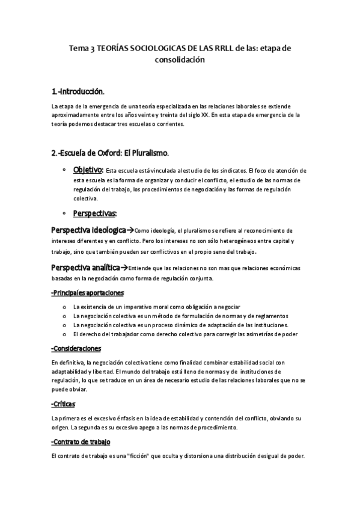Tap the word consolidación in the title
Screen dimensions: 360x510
[180, 60]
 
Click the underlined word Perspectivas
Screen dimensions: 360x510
[94, 213]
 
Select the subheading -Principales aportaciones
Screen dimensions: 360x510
[88, 293]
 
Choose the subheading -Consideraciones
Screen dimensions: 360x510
[76, 348]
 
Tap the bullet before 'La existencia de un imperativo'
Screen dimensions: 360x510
[64, 307]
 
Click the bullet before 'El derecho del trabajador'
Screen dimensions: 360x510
[64, 334]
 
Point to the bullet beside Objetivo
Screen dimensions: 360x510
[64, 170]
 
